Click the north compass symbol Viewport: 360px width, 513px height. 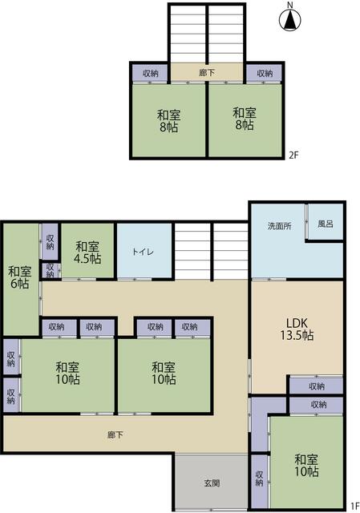[289, 20]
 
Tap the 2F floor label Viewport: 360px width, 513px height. [293, 155]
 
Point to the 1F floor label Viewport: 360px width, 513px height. [355, 507]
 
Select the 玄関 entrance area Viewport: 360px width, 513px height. [212, 482]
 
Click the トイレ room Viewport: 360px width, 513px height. [144, 251]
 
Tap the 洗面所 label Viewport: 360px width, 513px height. [279, 226]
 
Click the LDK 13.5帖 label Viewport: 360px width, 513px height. [297, 329]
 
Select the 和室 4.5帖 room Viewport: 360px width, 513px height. [87, 251]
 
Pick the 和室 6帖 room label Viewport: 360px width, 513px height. [19, 277]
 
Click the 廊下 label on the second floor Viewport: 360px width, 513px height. [207, 72]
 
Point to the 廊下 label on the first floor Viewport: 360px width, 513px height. [115, 434]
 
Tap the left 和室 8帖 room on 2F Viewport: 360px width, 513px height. [169, 120]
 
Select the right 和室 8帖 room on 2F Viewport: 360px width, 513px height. [245, 119]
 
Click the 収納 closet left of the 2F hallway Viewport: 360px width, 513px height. [150, 73]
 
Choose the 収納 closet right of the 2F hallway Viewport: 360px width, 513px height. [264, 73]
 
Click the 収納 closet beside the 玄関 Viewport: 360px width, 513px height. [259, 479]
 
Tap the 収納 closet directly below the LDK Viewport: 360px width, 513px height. [317, 386]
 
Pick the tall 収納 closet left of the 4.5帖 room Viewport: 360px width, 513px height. [50, 241]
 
